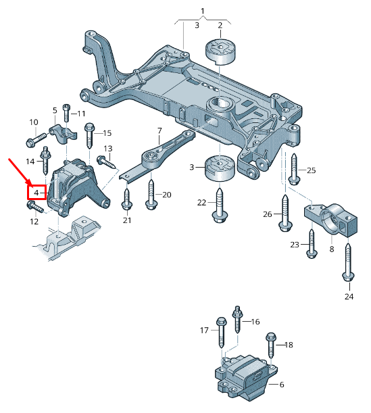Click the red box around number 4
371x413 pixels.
click(36, 193)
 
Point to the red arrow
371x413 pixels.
click(19, 170)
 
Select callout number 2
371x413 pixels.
click(220, 26)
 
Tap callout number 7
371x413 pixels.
click(159, 130)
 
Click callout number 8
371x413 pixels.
click(332, 249)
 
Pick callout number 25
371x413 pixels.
click(311, 170)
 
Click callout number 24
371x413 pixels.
click(349, 296)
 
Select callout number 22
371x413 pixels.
click(202, 202)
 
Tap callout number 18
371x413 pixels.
click(289, 345)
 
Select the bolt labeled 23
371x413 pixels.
click(311, 243)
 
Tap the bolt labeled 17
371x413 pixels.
click(221, 336)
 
